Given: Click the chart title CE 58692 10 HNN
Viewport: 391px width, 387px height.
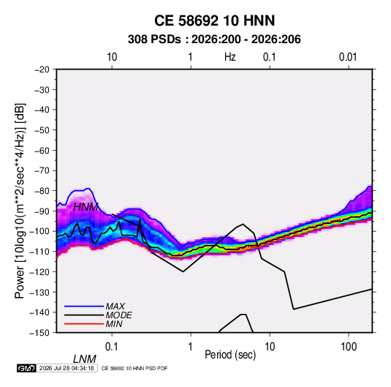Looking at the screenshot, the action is pos(214,20).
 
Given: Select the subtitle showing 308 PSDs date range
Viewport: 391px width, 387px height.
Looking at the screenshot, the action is pos(214,40).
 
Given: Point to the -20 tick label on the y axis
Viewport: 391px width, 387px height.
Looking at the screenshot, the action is pos(42,69).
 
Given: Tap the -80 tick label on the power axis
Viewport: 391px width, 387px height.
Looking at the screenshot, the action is pos(42,191).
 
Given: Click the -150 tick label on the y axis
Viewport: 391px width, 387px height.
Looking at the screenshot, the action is pos(39,333).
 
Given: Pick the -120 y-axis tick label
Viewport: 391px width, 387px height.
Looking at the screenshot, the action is pos(39,271).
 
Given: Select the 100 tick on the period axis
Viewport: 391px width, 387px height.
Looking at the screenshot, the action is pos(349,347).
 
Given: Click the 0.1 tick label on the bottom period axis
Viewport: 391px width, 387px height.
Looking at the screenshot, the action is pos(112,347).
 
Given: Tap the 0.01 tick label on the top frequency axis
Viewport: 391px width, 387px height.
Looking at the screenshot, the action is pos(348,57).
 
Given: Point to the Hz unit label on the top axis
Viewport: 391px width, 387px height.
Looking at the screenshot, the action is pos(230,57).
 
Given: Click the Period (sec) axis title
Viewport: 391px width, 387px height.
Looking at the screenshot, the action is pos(230,355).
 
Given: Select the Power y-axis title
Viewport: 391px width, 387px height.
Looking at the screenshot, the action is pos(20,200).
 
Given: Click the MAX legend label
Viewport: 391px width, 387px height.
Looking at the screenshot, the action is pos(115,306).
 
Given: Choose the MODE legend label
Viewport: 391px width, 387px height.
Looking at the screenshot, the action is pos(118,315).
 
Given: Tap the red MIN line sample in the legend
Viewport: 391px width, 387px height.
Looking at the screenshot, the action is pos(84,324).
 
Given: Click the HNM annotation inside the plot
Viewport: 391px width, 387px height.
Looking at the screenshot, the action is pos(86,207).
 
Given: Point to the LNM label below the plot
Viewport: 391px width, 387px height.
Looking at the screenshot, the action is pos(84,359).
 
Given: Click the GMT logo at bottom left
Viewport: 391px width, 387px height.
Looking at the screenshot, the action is pos(27,368).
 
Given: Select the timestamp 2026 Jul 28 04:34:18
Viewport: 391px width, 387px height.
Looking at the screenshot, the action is pos(67,368).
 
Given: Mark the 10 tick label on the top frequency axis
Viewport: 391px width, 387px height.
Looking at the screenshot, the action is pos(112,57).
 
